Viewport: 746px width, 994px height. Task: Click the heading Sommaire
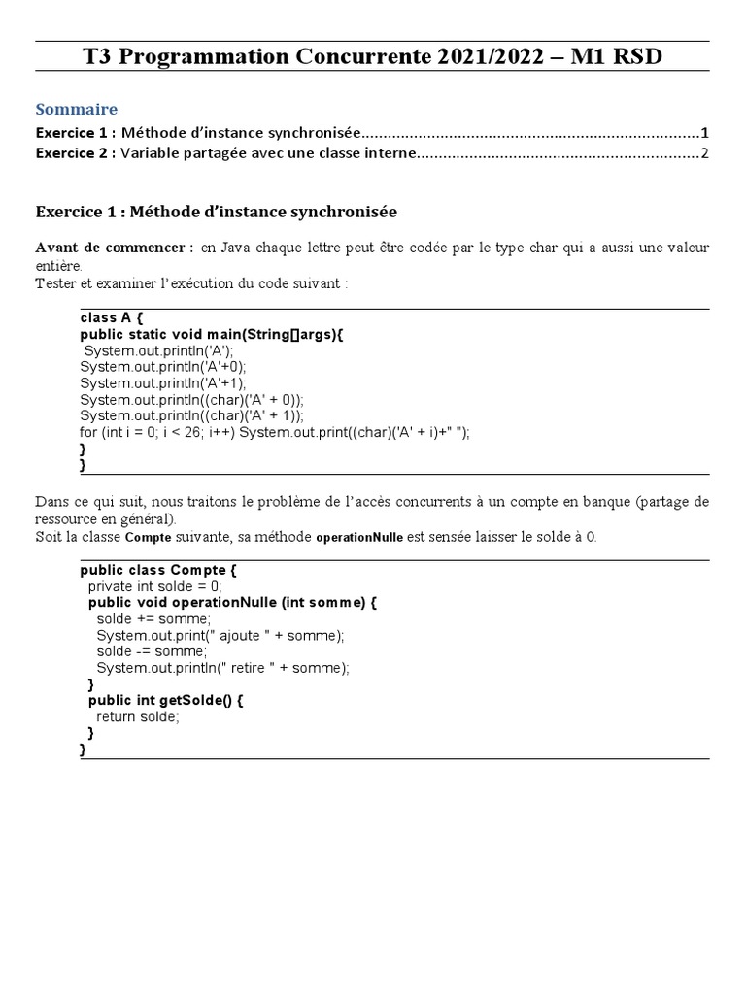point(77,109)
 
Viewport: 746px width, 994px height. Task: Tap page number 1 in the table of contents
point(705,132)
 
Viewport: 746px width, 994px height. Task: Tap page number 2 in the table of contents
point(705,153)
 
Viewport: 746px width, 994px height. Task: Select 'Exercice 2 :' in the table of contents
point(76,153)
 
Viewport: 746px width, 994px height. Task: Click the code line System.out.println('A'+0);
point(163,366)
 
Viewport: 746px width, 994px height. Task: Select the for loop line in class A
point(274,432)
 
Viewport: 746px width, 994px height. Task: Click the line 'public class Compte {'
point(157,570)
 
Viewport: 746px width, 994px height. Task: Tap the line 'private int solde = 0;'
point(154,586)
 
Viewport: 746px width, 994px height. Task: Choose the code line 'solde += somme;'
point(153,618)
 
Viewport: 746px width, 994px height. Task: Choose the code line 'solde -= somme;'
point(152,652)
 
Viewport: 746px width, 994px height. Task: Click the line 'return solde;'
point(138,716)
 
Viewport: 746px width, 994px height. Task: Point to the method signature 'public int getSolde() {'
point(165,700)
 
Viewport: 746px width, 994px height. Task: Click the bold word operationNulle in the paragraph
point(361,538)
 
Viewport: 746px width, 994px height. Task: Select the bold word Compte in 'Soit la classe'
point(148,538)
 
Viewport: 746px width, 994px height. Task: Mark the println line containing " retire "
point(222,668)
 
